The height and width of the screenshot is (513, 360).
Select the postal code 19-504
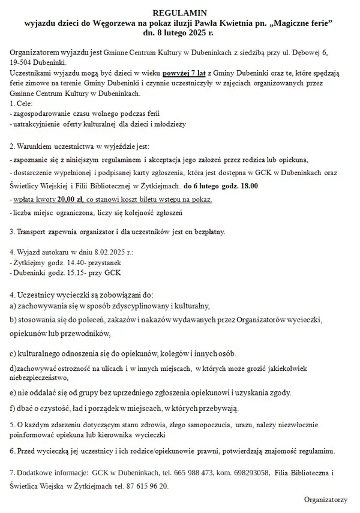tap(23, 62)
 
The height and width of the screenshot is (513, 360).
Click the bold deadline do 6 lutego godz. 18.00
tap(221, 186)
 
